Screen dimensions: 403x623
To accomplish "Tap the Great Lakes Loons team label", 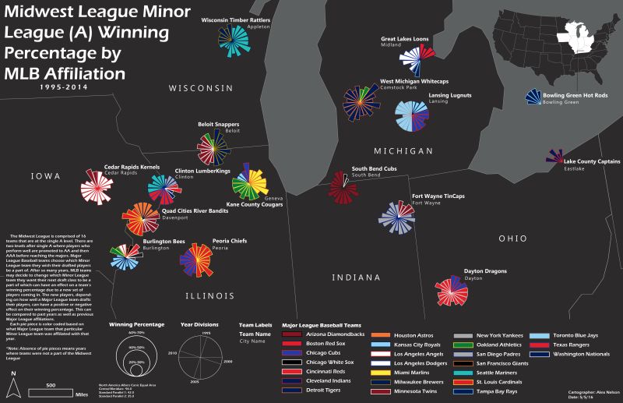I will pyautogui.click(x=404, y=39).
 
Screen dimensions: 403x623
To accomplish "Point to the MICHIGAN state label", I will pyautogui.click(x=403, y=150).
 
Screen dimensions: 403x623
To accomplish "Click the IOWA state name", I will pyautogui.click(x=45, y=177).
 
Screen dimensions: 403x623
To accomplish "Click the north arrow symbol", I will pyautogui.click(x=13, y=387).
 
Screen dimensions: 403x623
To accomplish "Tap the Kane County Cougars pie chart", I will pyautogui.click(x=251, y=182).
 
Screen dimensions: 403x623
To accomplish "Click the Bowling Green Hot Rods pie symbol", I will pyautogui.click(x=533, y=97).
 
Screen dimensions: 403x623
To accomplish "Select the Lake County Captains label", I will pyautogui.click(x=591, y=162).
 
